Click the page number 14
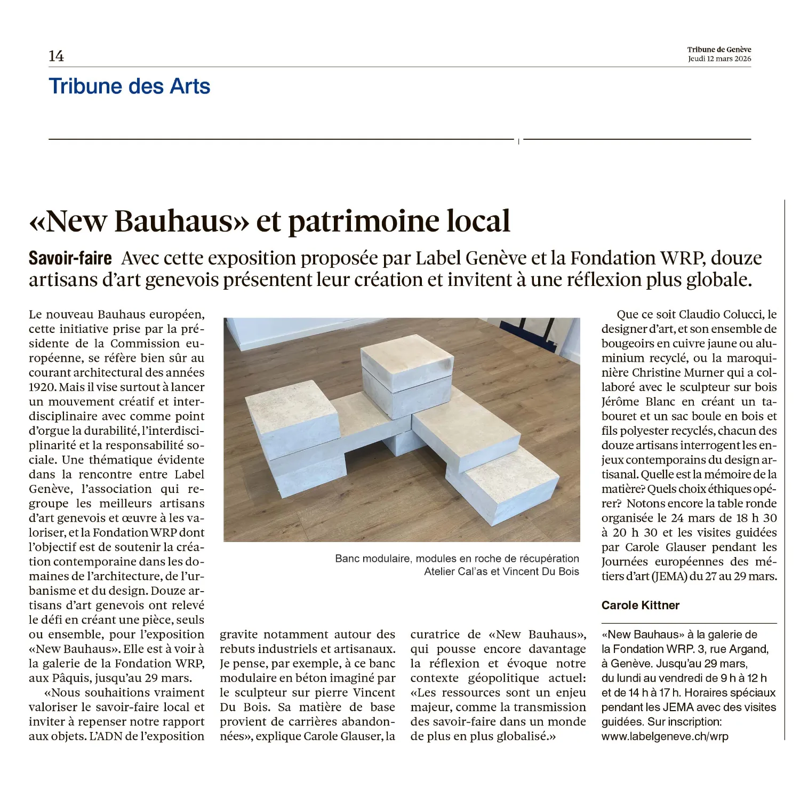[x=56, y=56]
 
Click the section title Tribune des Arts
[x=129, y=86]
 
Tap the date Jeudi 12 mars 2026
[x=719, y=59]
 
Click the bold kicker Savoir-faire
[x=70, y=258]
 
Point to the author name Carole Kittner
[x=640, y=605]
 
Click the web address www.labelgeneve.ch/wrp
[x=665, y=736]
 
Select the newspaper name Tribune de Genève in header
[x=719, y=50]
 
